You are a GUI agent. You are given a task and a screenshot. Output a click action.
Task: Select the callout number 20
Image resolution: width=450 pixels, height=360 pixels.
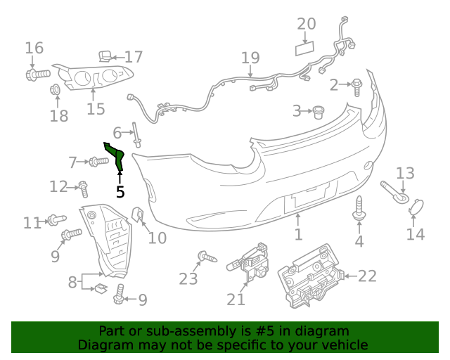(306, 24)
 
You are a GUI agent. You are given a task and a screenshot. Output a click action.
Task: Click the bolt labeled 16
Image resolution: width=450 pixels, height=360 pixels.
(38, 72)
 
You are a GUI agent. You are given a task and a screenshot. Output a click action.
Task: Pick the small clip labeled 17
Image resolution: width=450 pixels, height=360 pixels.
(104, 56)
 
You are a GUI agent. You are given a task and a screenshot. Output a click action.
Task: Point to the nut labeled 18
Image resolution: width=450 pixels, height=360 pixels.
(55, 90)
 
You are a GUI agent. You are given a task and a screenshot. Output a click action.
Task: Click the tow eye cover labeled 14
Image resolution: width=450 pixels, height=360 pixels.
(416, 207)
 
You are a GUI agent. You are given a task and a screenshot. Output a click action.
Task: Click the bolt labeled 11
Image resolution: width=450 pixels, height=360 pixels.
(56, 221)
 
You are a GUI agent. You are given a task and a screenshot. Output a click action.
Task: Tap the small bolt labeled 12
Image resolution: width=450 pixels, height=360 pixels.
(83, 188)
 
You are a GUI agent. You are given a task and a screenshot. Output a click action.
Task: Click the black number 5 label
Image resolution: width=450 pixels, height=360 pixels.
(120, 191)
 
